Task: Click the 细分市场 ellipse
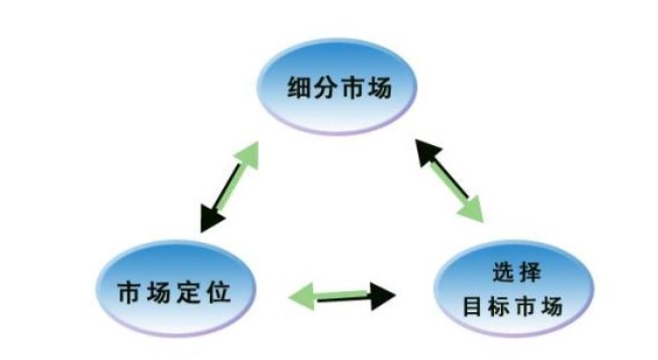pyautogui.click(x=337, y=87)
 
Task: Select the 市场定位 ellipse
pyautogui.click(x=176, y=289)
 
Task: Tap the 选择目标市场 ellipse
pyautogui.click(x=513, y=289)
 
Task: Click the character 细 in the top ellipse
pyautogui.click(x=299, y=88)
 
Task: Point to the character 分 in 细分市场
pyautogui.click(x=325, y=88)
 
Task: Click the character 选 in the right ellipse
pyautogui.click(x=502, y=272)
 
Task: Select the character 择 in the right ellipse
pyautogui.click(x=530, y=272)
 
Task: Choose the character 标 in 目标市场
pyautogui.click(x=498, y=306)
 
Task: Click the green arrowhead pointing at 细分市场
pyautogui.click(x=248, y=154)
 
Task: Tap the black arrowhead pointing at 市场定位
pyautogui.click(x=212, y=218)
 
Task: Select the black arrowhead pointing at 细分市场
pyautogui.click(x=427, y=152)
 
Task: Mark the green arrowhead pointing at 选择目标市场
pyautogui.click(x=472, y=209)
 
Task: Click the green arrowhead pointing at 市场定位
pyautogui.click(x=302, y=296)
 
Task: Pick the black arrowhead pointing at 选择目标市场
pyautogui.click(x=383, y=296)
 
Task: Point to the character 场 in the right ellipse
pyautogui.click(x=552, y=306)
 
